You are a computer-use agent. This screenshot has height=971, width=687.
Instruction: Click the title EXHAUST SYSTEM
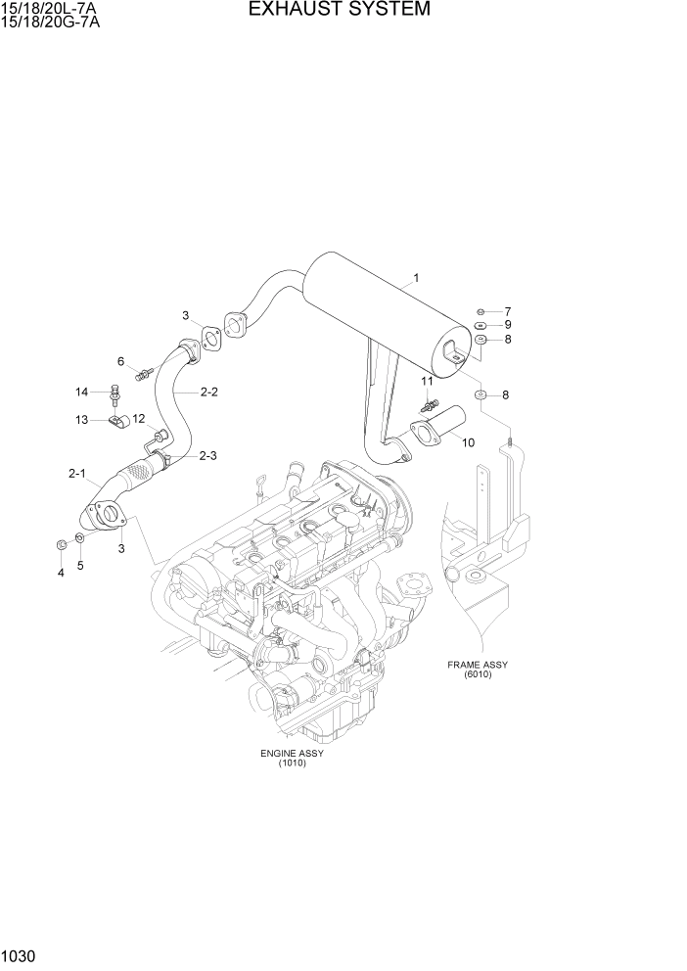tap(339, 10)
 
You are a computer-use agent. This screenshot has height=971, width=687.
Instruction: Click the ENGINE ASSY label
tap(292, 753)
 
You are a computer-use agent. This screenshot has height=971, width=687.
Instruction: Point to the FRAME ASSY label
tap(477, 665)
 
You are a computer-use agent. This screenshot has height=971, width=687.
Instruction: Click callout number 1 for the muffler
tap(416, 278)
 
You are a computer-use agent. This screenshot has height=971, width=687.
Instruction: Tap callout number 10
tap(468, 442)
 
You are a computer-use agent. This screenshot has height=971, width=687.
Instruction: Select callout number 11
tap(427, 381)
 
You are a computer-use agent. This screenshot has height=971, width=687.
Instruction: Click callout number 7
tap(508, 311)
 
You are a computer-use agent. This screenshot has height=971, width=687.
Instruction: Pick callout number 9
tap(508, 325)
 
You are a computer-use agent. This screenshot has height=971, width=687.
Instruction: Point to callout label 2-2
tap(208, 393)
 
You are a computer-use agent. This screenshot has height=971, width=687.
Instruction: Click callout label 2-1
tap(77, 474)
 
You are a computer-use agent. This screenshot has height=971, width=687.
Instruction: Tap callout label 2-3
tap(208, 455)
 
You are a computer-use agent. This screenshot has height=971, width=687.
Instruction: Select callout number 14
tap(83, 392)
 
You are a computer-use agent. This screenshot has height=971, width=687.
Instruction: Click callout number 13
tap(83, 419)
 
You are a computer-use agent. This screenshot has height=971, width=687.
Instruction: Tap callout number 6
tap(121, 361)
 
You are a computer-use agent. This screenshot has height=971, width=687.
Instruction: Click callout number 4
tap(61, 573)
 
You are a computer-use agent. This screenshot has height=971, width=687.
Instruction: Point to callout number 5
tap(80, 565)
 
